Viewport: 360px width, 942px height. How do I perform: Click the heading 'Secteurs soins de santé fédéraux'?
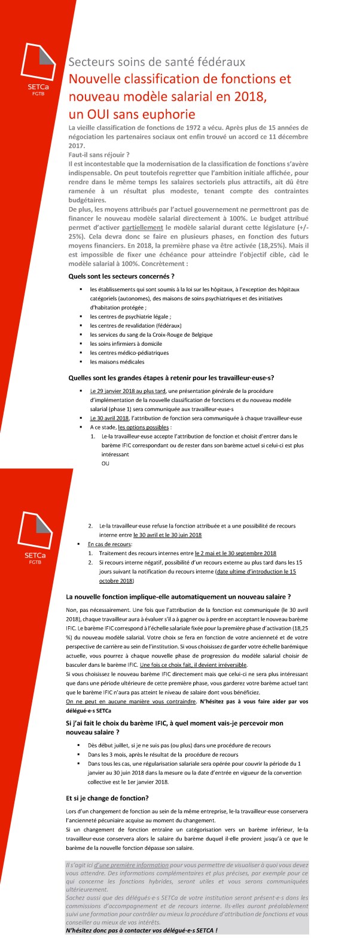[157, 62]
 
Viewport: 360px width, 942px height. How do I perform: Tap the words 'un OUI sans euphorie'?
[132, 114]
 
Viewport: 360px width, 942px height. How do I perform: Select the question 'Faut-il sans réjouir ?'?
[99, 155]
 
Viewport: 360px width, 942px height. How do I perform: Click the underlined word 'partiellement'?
[142, 228]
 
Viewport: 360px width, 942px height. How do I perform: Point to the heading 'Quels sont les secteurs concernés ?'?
[121, 276]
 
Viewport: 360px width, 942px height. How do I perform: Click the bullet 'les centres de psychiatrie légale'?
[130, 316]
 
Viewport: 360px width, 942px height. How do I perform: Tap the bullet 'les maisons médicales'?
[117, 362]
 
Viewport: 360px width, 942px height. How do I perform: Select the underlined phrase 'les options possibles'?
[144, 428]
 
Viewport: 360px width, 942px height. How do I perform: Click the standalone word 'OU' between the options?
[105, 464]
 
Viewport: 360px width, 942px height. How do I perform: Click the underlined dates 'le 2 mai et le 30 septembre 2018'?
[236, 553]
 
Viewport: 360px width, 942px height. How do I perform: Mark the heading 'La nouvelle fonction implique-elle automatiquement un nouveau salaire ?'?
[178, 597]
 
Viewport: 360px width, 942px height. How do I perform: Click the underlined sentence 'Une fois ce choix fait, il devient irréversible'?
[193, 665]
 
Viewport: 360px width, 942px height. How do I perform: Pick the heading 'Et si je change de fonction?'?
[107, 798]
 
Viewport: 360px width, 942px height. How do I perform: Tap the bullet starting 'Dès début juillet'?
[179, 745]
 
